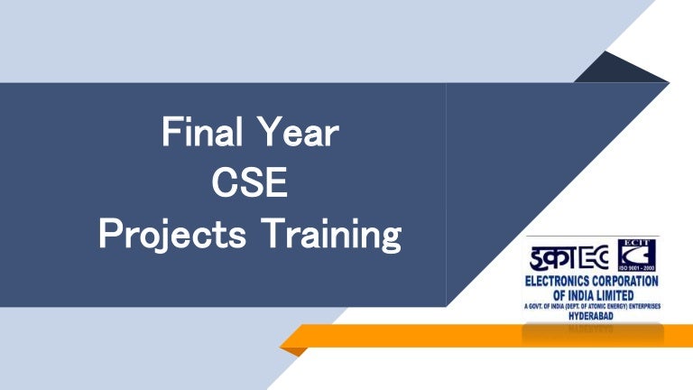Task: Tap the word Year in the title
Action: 295,135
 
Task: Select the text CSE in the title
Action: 249,185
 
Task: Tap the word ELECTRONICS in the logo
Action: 559,282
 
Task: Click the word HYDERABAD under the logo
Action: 593,317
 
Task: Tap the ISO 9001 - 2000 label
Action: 637,268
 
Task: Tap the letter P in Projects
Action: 109,237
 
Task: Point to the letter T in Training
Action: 273,237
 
